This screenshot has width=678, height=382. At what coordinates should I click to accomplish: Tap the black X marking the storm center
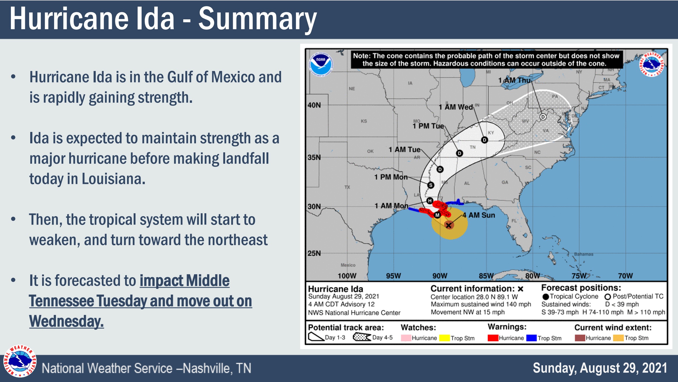[448, 225]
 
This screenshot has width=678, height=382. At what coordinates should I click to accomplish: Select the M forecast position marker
[437, 215]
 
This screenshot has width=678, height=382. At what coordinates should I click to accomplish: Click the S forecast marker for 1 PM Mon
[431, 185]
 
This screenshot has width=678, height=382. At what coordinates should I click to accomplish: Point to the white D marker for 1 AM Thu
[543, 117]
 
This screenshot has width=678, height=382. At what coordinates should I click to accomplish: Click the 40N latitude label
[314, 105]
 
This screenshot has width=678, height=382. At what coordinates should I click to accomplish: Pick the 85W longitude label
[486, 276]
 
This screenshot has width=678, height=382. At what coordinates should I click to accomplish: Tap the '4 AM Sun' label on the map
[479, 215]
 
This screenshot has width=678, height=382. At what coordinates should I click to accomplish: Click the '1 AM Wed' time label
[456, 107]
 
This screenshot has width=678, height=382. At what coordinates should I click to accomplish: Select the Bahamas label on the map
[583, 254]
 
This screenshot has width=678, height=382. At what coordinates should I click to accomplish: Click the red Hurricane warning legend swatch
[493, 338]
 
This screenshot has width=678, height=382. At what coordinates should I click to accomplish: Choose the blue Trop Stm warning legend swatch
[531, 338]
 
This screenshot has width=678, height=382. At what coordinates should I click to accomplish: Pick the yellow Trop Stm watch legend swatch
[444, 338]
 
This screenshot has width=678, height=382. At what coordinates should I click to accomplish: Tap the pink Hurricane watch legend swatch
[406, 338]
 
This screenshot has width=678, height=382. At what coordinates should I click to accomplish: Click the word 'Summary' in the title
[257, 19]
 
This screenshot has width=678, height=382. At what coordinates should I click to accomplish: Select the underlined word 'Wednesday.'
[66, 321]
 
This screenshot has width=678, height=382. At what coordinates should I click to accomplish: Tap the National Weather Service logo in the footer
[20, 361]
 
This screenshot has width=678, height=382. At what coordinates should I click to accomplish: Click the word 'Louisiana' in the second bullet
[113, 179]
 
